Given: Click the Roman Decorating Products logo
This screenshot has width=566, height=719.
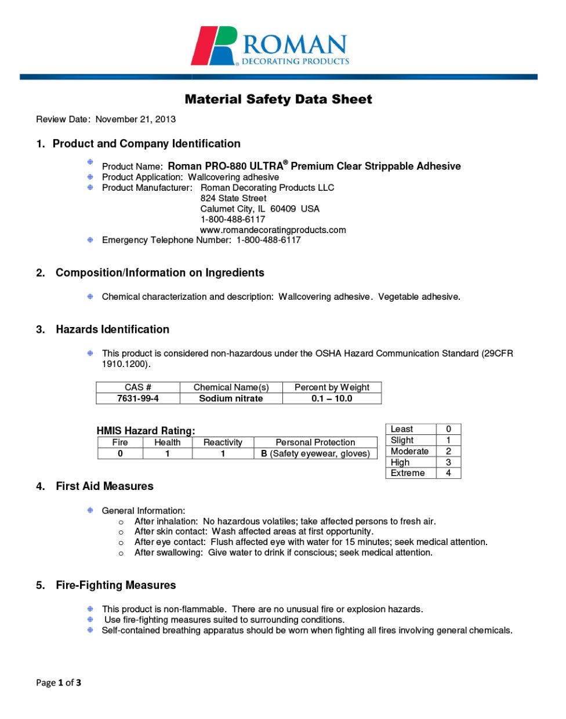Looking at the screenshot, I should pos(271,46).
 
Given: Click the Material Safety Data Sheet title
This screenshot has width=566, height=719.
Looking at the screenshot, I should pos(278,99).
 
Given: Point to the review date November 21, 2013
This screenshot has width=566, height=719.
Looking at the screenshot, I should pos(135,119).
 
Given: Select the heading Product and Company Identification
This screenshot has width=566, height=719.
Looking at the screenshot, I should pos(146,144).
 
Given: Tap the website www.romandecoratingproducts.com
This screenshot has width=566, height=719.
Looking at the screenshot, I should pos(273,230).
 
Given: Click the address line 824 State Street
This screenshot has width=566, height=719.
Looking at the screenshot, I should pos(233,198).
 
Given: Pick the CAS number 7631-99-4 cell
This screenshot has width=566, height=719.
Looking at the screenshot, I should pos(138,399).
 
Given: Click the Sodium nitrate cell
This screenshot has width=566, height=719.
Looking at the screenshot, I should pos(231,399).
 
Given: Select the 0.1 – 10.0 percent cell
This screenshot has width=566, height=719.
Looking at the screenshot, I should pos(332,399).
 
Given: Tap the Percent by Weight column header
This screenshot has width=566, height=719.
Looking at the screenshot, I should pos(332,387).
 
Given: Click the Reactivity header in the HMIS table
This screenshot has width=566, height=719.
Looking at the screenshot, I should pos(223,442).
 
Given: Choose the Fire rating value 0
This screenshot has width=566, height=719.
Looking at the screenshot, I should pos(120,454).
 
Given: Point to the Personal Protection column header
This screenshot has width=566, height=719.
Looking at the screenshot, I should pos(315,442).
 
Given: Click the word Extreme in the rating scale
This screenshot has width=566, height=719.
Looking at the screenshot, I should pos(408,473).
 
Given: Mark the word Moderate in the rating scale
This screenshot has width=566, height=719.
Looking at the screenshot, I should pos(409,451).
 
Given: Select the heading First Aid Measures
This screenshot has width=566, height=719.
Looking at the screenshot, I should pos(104,486).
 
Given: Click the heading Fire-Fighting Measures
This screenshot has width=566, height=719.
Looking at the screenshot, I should pos(115,586).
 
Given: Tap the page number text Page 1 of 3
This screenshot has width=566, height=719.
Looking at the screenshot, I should pos(59,683).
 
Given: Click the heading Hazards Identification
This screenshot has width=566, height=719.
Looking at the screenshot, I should pos(113,330).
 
